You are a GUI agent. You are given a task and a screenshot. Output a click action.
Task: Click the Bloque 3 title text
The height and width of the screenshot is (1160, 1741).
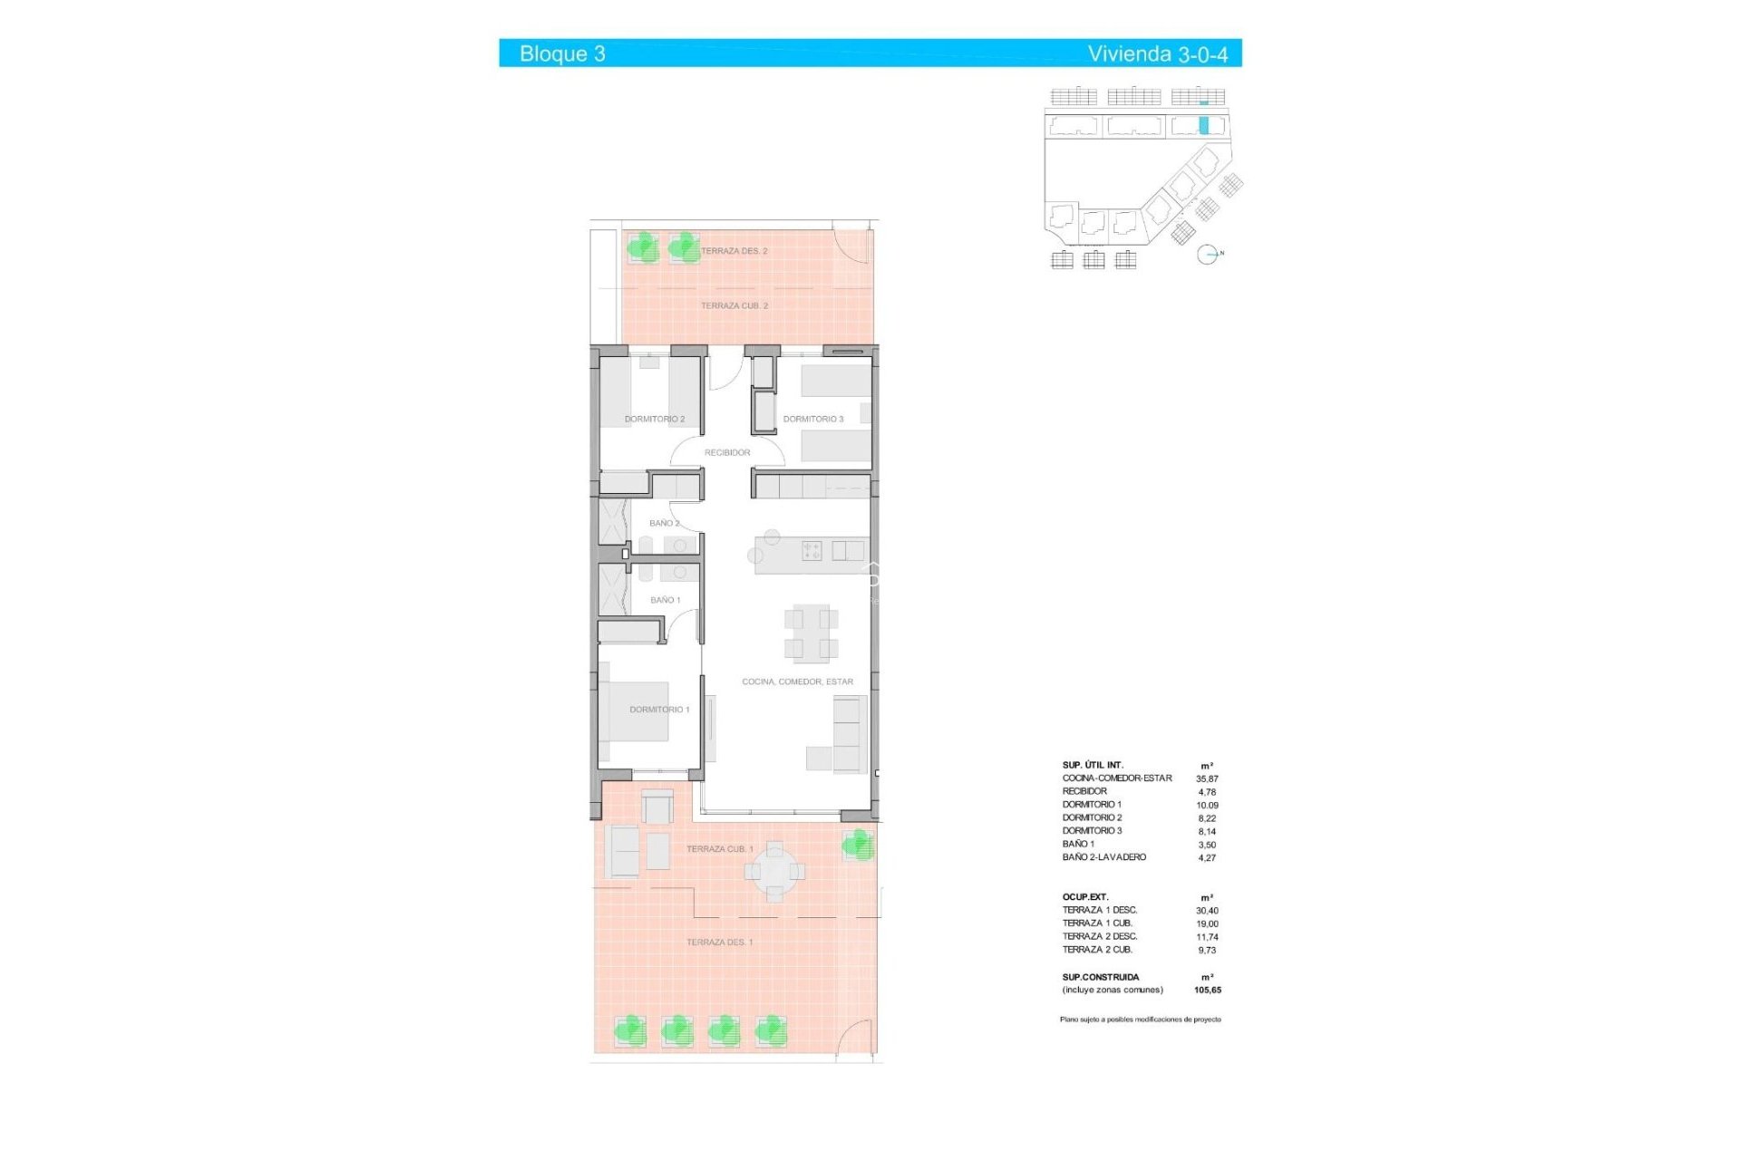[562, 53]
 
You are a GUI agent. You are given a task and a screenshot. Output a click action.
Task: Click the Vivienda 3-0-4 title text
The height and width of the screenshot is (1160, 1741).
[1157, 53]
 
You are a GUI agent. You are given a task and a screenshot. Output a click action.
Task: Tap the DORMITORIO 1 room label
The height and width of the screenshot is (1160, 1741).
[659, 710]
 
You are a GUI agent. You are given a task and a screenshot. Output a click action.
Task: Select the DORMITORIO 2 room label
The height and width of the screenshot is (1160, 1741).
[655, 419]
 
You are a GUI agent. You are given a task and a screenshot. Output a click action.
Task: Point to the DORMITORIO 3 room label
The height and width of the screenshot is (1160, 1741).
[813, 419]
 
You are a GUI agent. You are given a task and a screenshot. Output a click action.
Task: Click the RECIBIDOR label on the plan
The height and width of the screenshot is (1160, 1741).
[727, 452]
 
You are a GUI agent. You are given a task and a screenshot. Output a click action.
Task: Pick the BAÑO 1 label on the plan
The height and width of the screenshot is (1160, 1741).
[665, 600]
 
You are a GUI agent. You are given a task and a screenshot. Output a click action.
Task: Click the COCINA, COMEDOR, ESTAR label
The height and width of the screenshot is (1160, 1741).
[797, 681]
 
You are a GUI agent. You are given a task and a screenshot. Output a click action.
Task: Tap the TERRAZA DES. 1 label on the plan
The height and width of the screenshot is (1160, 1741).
[719, 942]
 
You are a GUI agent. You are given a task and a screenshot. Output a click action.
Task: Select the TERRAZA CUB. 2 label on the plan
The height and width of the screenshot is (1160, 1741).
[734, 305]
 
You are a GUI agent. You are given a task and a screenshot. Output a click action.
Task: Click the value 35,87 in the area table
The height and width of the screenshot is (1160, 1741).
[1207, 778]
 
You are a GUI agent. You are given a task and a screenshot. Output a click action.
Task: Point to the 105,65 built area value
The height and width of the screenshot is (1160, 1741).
[1207, 990]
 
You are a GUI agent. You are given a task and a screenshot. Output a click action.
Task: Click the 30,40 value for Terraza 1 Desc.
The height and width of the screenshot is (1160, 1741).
[1207, 911]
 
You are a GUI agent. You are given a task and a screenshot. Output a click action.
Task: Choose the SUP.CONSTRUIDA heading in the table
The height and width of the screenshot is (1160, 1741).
[1100, 977]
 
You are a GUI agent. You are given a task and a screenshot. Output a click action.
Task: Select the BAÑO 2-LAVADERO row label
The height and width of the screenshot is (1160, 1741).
[1104, 857]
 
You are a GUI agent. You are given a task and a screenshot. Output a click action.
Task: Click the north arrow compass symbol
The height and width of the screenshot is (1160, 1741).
[1207, 255]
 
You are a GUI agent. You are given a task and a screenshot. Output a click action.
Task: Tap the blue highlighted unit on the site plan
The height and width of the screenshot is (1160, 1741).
[1204, 126]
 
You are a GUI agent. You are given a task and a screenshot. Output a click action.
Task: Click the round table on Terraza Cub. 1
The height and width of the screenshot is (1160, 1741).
[774, 872]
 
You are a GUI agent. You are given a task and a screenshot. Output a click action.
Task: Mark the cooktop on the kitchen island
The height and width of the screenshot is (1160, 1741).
[812, 550]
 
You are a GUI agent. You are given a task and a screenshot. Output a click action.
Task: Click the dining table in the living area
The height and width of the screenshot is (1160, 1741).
[812, 633]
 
